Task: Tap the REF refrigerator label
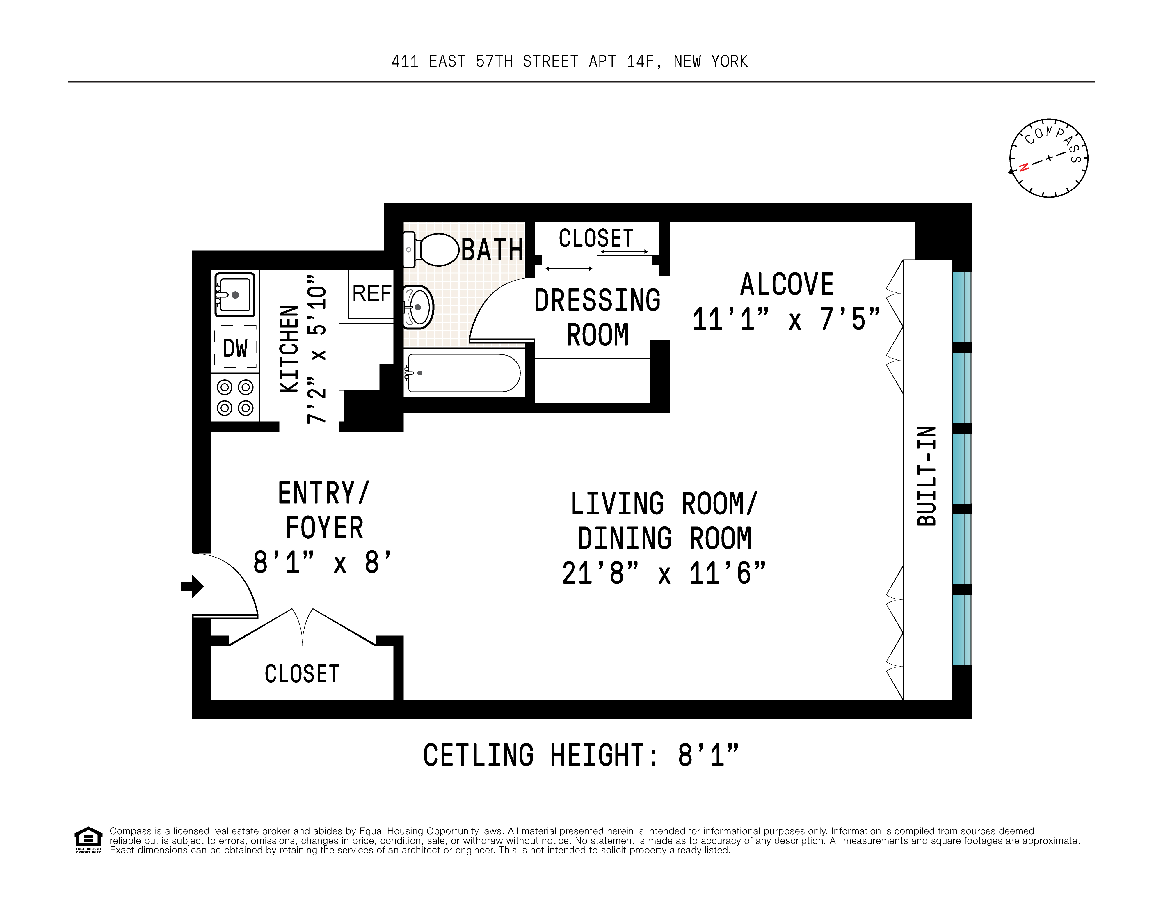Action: click(372, 293)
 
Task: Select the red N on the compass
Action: click(1023, 167)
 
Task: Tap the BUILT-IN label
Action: click(927, 475)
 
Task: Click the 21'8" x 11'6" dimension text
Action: click(664, 573)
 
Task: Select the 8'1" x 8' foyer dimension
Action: click(322, 562)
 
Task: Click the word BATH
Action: click(492, 250)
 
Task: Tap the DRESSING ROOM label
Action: click(597, 317)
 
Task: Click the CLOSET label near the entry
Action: click(302, 674)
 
